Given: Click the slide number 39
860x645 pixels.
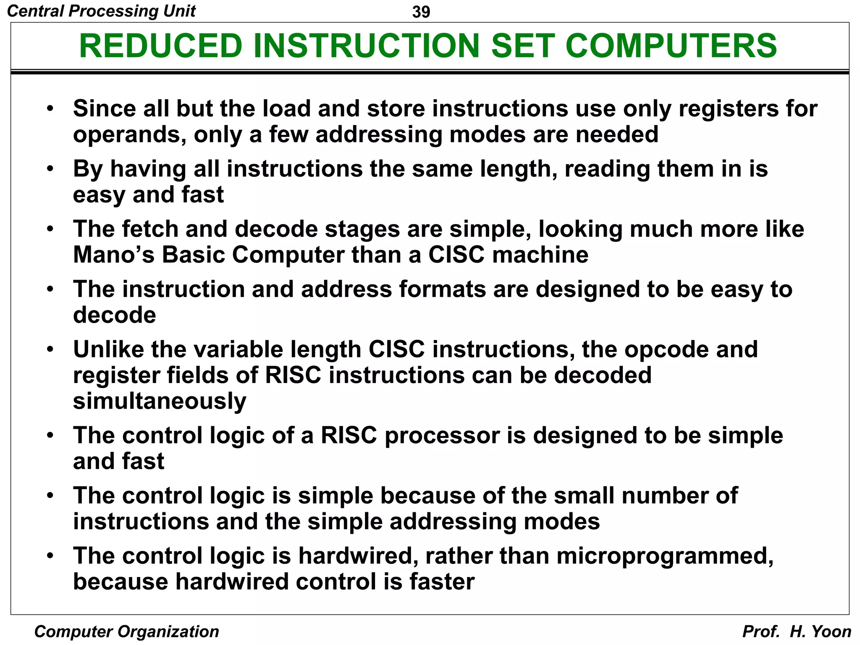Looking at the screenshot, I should click(421, 12).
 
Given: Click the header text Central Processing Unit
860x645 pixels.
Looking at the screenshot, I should click(101, 11).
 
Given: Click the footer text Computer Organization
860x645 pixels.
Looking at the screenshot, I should click(126, 632).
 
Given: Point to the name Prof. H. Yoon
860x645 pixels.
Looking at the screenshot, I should click(797, 632).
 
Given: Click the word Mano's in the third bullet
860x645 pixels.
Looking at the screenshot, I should click(114, 254).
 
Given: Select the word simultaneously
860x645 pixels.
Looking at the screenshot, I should click(160, 401).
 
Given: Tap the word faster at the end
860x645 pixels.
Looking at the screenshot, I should click(442, 582).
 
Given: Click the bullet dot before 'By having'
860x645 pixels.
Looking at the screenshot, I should click(50, 169).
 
